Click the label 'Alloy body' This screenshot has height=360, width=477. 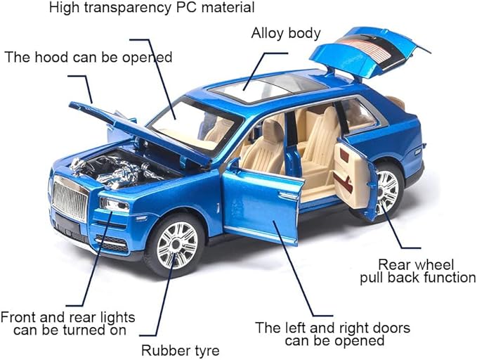click(286, 33)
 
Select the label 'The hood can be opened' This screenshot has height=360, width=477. click(89, 56)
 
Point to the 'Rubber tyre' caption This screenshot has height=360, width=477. click(181, 349)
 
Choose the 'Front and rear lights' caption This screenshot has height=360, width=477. click(68, 323)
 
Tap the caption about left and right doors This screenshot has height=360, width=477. click(332, 334)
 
